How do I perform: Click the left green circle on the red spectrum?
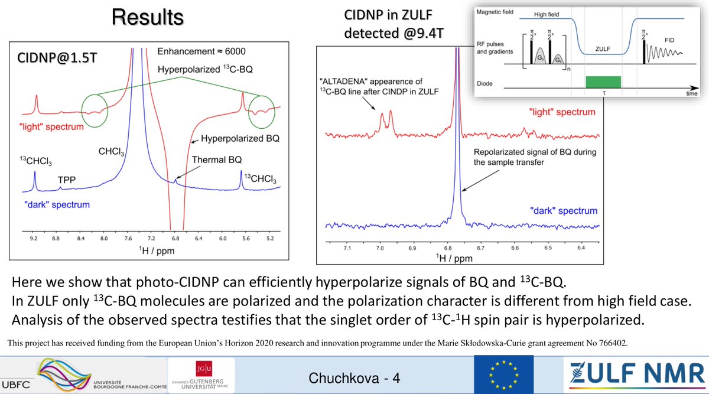click(96, 108)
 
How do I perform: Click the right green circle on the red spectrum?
click(263, 108)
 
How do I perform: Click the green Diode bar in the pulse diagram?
click(603, 82)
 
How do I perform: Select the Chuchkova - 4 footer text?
click(356, 377)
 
